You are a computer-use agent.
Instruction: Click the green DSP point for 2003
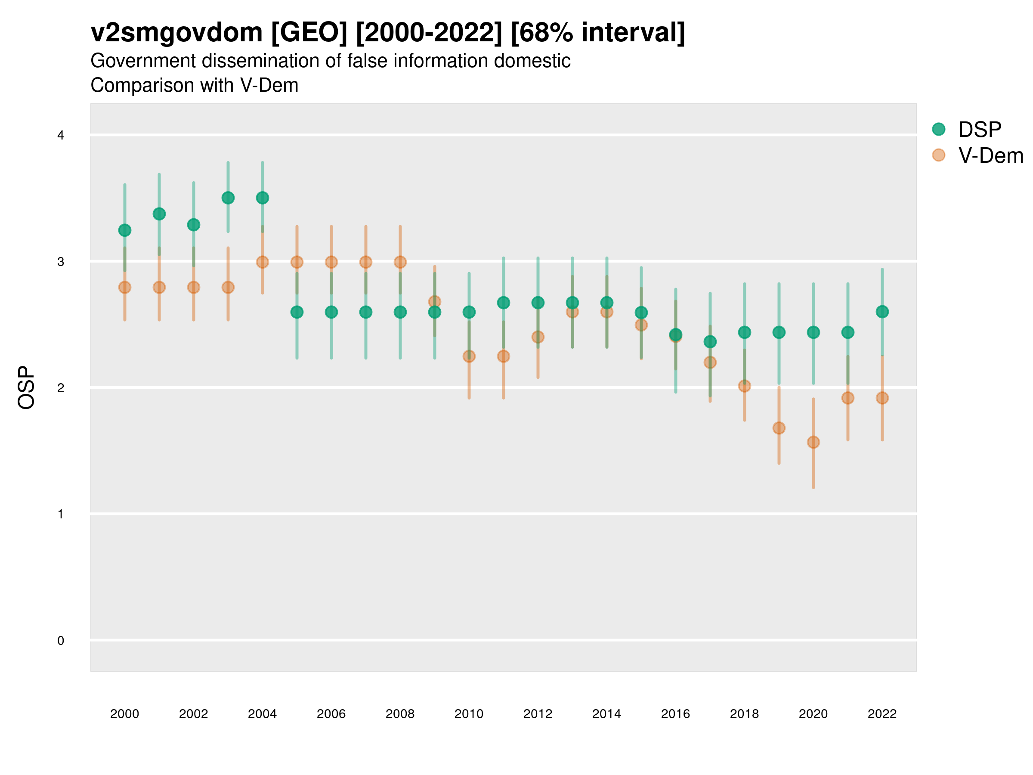(228, 198)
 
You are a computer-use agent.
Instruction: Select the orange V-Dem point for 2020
(813, 442)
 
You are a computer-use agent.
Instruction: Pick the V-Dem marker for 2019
(779, 428)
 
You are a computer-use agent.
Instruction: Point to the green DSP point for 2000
(125, 230)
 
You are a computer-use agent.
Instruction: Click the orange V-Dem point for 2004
(263, 262)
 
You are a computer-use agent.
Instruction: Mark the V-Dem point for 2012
(538, 337)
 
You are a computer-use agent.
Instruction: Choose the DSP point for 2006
(331, 312)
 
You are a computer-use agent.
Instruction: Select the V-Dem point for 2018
(744, 386)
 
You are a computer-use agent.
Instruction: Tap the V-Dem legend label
(990, 155)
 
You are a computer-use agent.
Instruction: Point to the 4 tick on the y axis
(61, 136)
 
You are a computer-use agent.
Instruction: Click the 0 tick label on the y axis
(61, 641)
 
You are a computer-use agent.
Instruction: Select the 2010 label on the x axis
(469, 714)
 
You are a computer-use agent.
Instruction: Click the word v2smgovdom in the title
(176, 33)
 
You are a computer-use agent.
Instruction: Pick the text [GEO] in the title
(309, 33)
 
